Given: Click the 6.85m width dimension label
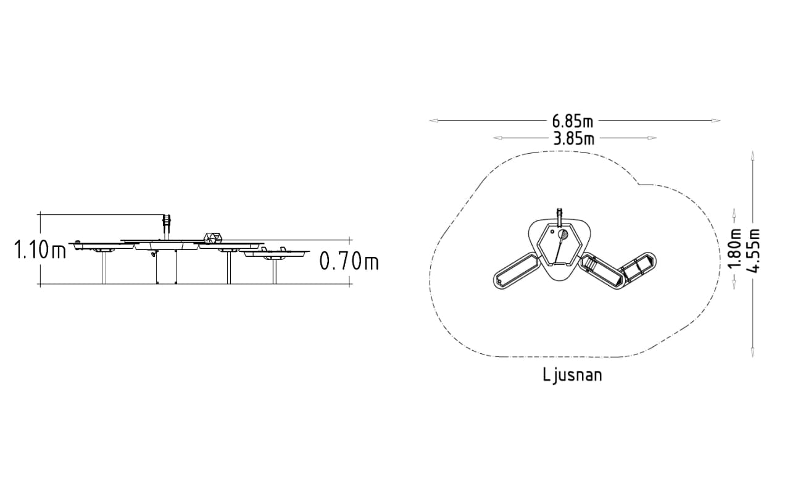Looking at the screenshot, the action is point(572,122).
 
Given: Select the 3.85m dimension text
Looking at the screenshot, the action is point(574,139).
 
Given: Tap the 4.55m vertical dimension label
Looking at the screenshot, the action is point(753,251).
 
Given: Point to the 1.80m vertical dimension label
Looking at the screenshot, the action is point(735,248).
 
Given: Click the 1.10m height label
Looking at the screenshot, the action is point(40,249).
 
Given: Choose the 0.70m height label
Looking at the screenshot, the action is point(349,261).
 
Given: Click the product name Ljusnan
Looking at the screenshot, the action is point(572,375).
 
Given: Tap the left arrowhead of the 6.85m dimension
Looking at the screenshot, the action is point(433,120).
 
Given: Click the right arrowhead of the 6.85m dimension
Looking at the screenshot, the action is point(716,120).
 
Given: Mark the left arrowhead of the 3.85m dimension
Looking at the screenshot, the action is point(497,138).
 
